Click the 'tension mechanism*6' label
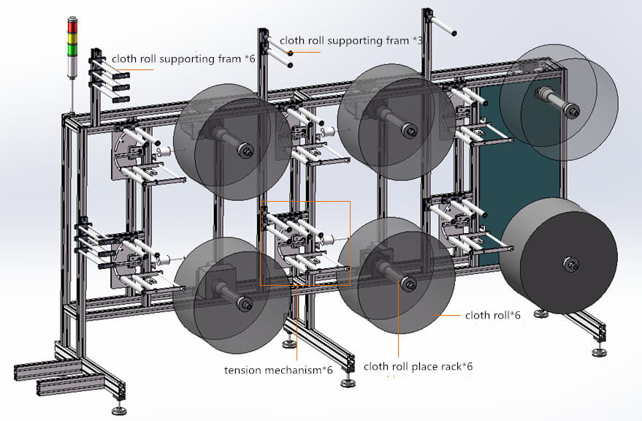click(278, 370)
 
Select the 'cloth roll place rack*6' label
click(418, 366)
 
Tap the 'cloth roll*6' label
click(492, 316)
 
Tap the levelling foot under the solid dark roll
click(540, 314)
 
